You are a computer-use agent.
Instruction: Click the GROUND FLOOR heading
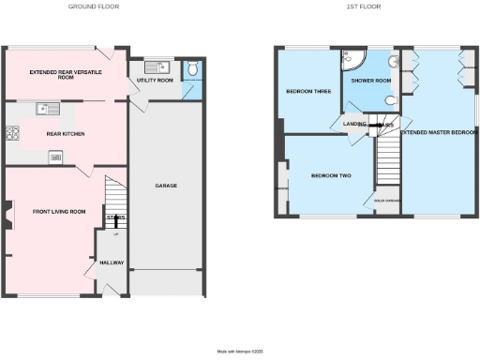pyautogui.click(x=95, y=7)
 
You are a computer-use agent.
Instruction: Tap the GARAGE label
pyautogui.click(x=166, y=186)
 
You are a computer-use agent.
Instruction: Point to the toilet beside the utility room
pyautogui.click(x=192, y=68)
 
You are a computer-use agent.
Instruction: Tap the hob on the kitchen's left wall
pyautogui.click(x=13, y=133)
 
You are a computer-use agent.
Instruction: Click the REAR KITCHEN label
pyautogui.click(x=66, y=134)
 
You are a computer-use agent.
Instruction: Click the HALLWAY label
pyautogui.click(x=112, y=263)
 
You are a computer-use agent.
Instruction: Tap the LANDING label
pyautogui.click(x=354, y=124)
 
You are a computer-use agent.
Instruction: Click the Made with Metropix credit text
pyautogui.click(x=241, y=351)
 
